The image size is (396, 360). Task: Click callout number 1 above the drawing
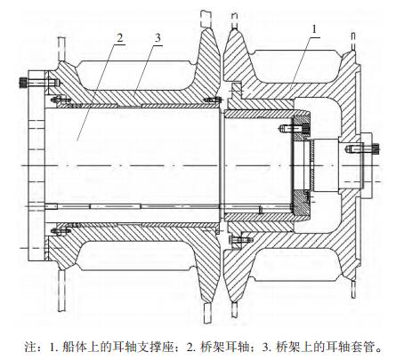point(315,29)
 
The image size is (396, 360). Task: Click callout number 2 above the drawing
point(120,37)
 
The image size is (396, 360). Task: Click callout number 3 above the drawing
point(158,37)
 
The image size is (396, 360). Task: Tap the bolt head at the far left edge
point(22,82)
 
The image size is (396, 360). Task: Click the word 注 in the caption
point(29,346)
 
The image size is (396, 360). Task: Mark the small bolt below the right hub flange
point(238,239)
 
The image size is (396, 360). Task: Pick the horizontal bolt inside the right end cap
point(295,128)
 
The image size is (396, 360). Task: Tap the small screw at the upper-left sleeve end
point(61,100)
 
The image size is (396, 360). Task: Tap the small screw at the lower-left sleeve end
point(61,230)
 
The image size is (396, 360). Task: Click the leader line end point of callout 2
point(77,140)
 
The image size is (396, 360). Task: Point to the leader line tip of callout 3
point(133,97)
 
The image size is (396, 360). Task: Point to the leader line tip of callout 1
point(289,90)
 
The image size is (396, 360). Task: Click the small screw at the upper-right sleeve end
point(213,100)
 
